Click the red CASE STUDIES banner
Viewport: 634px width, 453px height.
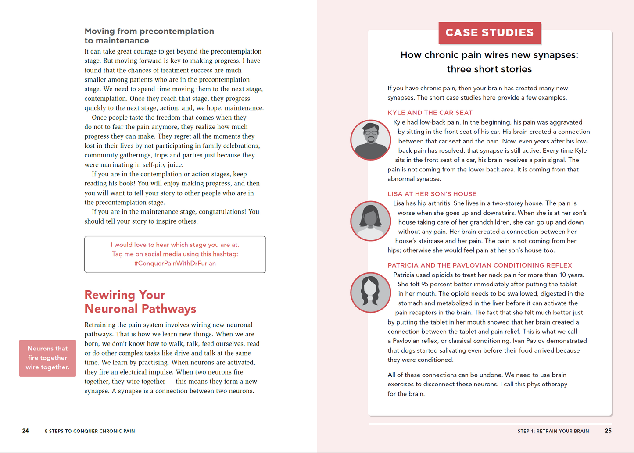[489, 33]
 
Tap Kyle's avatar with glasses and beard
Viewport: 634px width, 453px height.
[371, 140]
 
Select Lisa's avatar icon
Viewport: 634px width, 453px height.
[371, 221]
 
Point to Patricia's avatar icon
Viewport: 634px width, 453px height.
[371, 292]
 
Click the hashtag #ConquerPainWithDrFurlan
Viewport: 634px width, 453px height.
[175, 264]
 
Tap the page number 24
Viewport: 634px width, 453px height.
[25, 431]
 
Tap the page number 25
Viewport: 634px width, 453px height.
[608, 431]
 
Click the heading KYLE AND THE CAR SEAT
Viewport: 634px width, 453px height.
[430, 113]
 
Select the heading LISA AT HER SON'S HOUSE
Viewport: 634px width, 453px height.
[432, 194]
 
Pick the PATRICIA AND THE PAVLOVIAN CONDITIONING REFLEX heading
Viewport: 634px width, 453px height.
[480, 265]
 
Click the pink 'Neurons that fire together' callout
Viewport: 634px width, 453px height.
[47, 358]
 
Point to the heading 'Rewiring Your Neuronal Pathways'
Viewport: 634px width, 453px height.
[140, 302]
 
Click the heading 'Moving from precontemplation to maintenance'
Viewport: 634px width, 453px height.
[149, 36]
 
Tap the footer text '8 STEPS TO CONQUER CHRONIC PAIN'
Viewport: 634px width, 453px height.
[90, 431]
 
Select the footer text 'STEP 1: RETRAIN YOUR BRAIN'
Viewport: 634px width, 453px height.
[553, 431]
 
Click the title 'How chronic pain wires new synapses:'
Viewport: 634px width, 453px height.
[489, 55]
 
